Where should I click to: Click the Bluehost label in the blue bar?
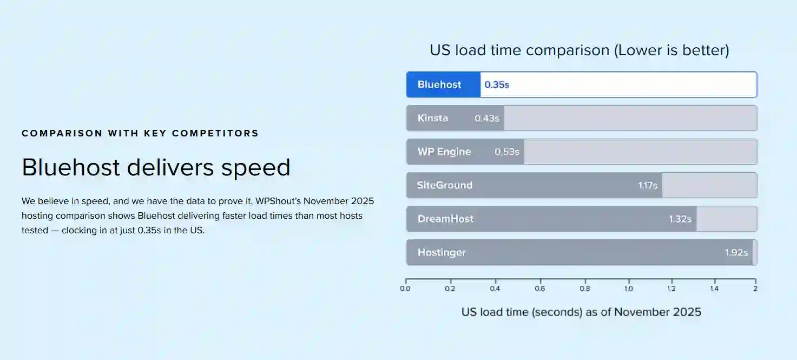click(439, 84)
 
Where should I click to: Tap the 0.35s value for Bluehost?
click(497, 84)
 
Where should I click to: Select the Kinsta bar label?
click(433, 118)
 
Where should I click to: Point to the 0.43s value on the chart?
click(486, 118)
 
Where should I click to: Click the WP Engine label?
click(444, 152)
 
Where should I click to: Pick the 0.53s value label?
click(506, 152)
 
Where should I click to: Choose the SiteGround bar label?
click(445, 185)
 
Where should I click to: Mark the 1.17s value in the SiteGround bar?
click(647, 185)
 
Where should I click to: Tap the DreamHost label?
click(445, 219)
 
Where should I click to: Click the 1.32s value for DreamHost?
click(680, 219)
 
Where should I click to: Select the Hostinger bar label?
click(442, 252)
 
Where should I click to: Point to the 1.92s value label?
click(736, 252)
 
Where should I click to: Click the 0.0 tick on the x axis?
click(405, 289)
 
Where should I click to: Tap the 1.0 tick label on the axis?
click(628, 289)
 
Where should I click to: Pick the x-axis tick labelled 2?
click(755, 289)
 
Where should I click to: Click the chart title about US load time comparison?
click(579, 50)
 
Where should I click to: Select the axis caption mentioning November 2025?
click(581, 312)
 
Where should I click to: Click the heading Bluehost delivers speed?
click(156, 167)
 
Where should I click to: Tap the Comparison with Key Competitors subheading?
click(140, 133)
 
